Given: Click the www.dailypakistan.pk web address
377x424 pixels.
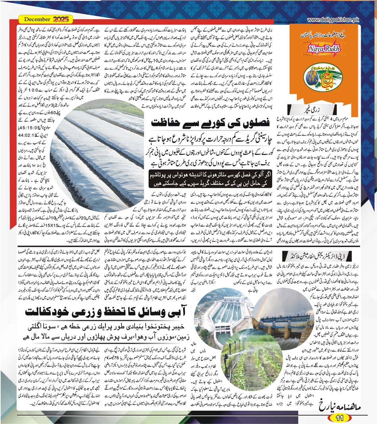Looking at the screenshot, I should pos(333,19).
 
